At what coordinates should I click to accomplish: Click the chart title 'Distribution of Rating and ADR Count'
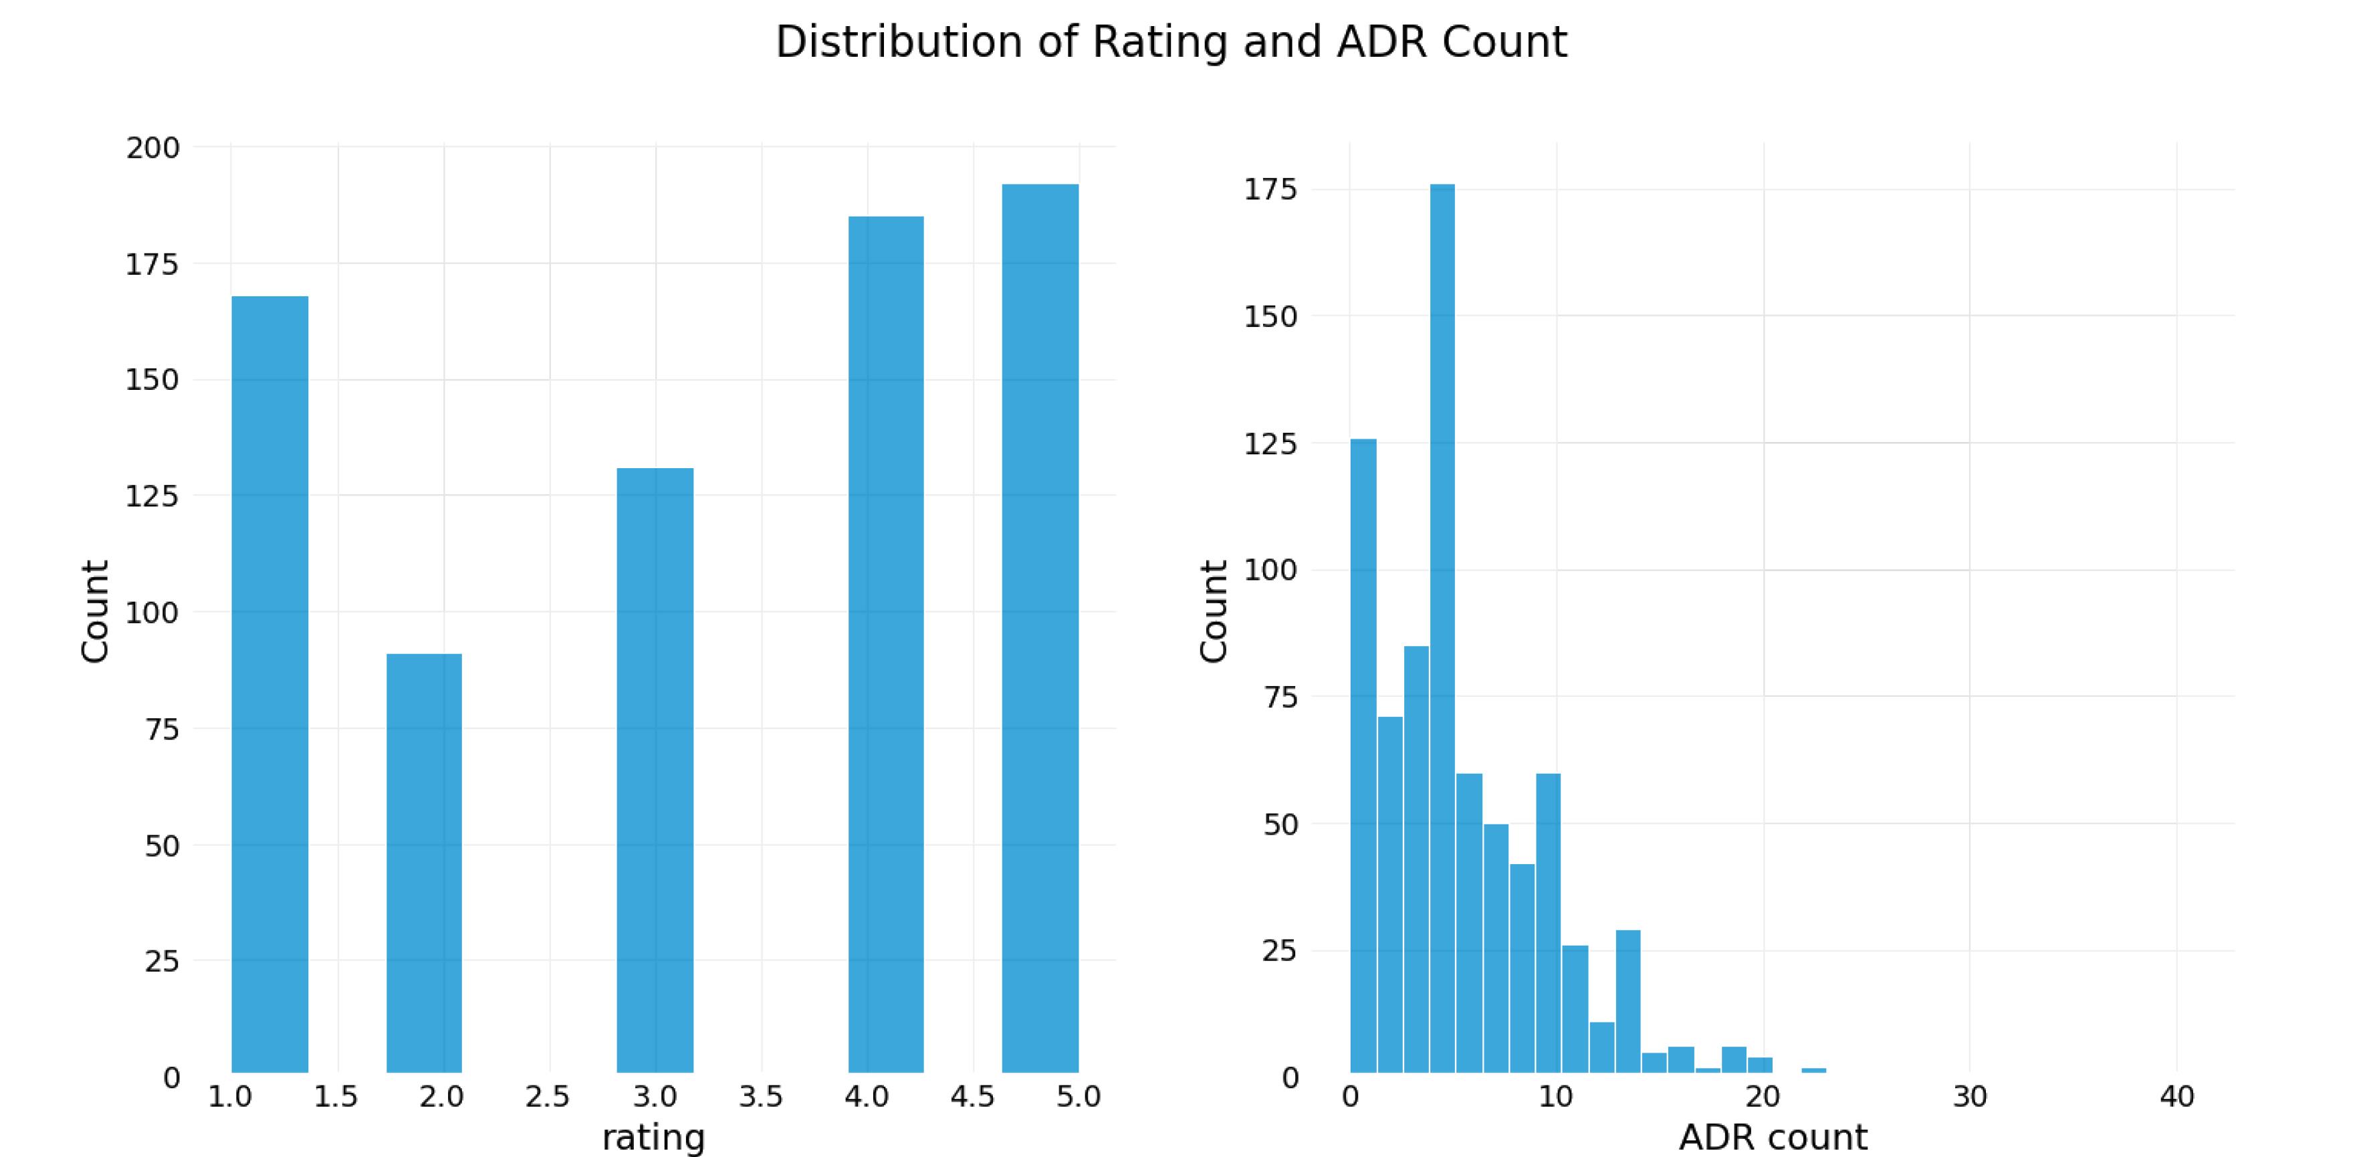pyautogui.click(x=1171, y=42)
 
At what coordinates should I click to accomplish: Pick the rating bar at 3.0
pyautogui.click(x=655, y=770)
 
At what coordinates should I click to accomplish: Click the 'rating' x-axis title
pyautogui.click(x=653, y=1138)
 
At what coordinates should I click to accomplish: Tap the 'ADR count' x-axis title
pyautogui.click(x=1773, y=1138)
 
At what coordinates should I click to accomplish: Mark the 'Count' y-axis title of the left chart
pyautogui.click(x=95, y=611)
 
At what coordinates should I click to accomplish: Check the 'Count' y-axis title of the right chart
pyautogui.click(x=1213, y=611)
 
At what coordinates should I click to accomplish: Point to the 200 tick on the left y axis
pyautogui.click(x=153, y=147)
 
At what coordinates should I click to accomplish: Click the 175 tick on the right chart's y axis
pyautogui.click(x=1271, y=189)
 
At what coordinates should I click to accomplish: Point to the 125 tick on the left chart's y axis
pyautogui.click(x=153, y=496)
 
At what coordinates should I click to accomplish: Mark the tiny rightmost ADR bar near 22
pyautogui.click(x=1813, y=1070)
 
